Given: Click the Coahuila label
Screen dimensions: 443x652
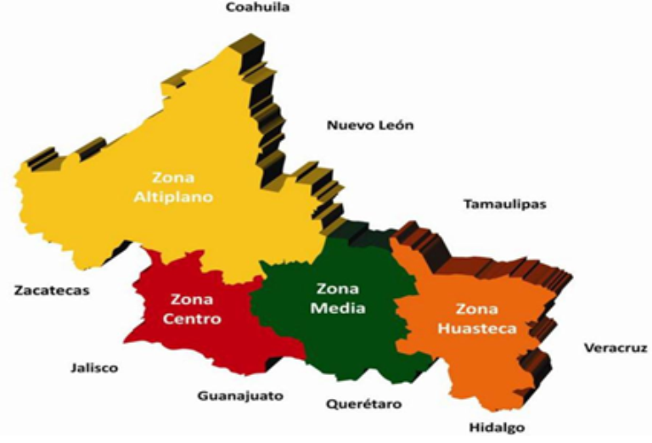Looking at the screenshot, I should (257, 8).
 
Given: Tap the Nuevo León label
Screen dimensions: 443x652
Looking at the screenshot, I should (370, 126).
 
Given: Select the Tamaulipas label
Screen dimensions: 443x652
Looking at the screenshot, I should (504, 204).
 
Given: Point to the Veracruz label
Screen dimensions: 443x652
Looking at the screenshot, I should (615, 347).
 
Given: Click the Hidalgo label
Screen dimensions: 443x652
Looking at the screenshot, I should (497, 427).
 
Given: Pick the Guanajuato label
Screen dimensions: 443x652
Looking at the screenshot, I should (240, 395).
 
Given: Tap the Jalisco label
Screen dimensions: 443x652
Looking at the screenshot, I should (93, 367).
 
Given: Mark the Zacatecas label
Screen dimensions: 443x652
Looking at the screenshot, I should (52, 290).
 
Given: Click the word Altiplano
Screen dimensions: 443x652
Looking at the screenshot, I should (172, 197).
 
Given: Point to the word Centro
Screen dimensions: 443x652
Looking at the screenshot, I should (195, 319).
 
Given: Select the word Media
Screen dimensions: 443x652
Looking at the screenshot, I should (338, 308).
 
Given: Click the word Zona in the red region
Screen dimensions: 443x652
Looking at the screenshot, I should (192, 299).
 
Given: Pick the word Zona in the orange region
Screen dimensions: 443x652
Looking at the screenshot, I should (476, 308).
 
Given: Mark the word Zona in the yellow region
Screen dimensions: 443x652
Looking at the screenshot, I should (173, 177).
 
